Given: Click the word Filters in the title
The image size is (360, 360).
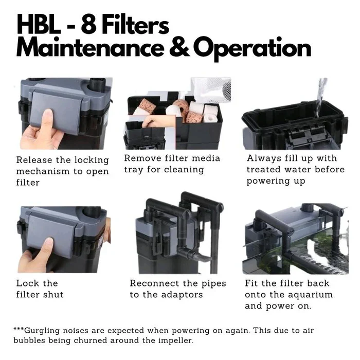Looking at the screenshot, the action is (135, 25).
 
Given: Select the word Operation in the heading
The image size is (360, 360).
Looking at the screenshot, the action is (253, 49).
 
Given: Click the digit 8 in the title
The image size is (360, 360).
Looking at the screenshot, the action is (88, 25).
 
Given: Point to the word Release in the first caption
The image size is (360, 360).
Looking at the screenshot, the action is (34, 160).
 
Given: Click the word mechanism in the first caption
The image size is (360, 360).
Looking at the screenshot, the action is (43, 171).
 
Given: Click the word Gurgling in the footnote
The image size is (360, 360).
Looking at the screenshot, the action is (42, 331).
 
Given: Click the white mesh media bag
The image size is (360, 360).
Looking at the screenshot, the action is (211, 89).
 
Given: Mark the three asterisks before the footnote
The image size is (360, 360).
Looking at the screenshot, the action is (19, 329).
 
